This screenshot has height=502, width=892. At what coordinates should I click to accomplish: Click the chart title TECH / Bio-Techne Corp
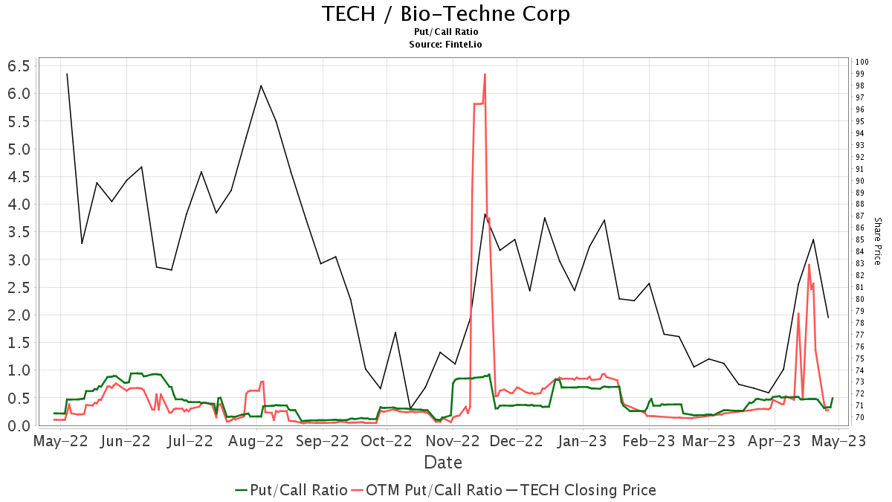coord(446,13)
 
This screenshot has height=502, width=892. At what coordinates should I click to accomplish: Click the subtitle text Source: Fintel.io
coord(446,45)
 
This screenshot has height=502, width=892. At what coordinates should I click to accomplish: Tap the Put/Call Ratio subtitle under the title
coord(446,32)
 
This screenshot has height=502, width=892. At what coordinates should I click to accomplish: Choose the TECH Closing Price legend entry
coord(587,490)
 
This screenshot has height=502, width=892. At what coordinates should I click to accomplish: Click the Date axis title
coord(443,463)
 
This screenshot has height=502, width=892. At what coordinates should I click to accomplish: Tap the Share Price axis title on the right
coord(877,241)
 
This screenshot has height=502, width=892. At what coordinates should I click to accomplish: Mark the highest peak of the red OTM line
coord(485,74)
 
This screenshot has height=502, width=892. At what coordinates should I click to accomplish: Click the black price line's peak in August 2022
coord(261,86)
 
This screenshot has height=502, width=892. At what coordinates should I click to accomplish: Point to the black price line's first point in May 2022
coord(67,74)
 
